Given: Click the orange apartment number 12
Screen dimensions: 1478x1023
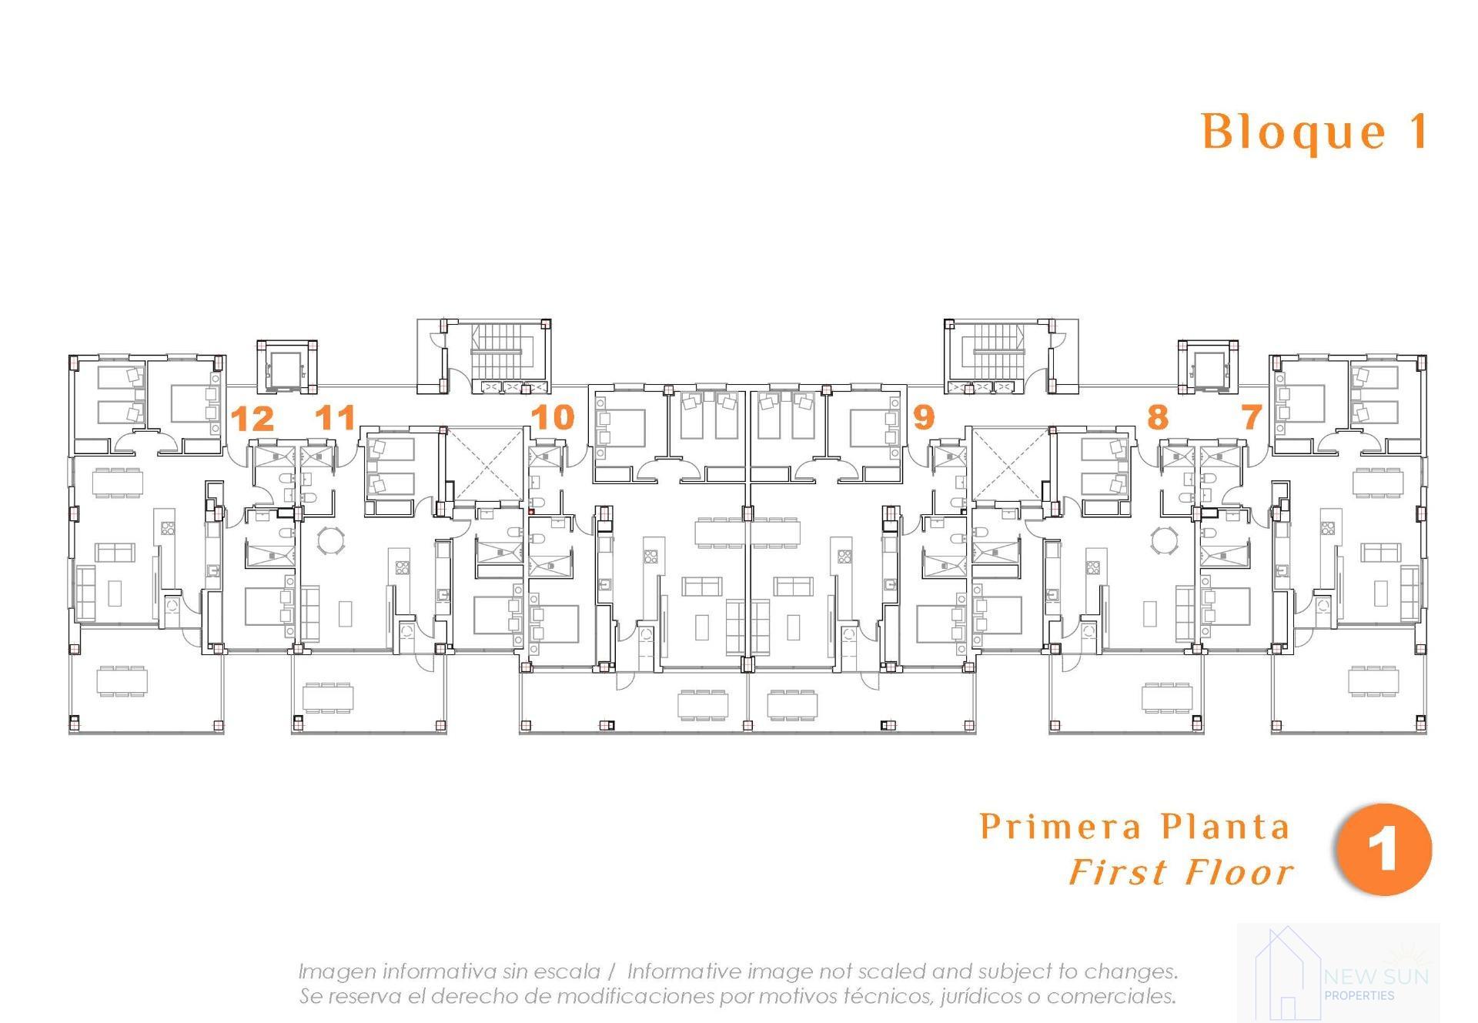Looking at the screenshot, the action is [252, 419].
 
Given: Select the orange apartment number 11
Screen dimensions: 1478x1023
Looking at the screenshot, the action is [336, 417].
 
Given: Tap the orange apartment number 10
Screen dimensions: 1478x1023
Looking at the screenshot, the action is [553, 417].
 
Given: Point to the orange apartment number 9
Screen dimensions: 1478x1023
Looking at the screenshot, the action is [924, 417].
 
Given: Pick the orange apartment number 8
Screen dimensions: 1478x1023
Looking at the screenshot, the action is [1158, 417].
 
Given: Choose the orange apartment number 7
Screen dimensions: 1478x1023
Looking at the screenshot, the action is [1252, 417].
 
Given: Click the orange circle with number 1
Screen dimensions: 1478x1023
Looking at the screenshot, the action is [1384, 849].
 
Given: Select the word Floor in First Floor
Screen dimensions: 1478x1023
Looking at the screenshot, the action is [1239, 873].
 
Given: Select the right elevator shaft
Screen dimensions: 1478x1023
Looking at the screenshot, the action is [1208, 366].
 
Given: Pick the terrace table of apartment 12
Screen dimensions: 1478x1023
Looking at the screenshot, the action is [122, 681].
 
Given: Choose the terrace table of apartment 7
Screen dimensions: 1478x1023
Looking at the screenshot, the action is [1373, 681].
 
